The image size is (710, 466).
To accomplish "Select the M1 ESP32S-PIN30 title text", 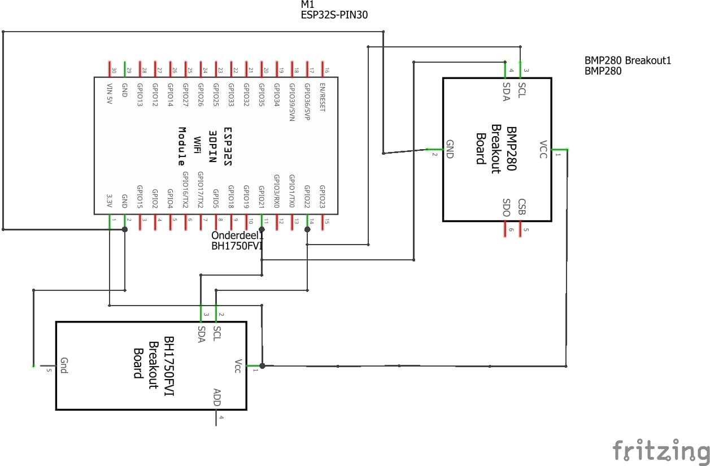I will (334, 10).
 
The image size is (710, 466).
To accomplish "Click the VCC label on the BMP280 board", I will (543, 149).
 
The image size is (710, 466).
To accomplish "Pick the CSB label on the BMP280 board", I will (522, 207).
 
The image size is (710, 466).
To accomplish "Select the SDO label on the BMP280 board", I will (507, 207).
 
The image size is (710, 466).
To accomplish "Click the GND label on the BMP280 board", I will (450, 149).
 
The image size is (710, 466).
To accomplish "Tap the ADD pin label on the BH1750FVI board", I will (217, 397).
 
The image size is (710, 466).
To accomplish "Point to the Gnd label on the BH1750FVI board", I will (64, 368).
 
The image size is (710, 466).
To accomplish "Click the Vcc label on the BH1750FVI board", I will (238, 366).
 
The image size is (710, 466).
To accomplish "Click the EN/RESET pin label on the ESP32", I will (323, 98).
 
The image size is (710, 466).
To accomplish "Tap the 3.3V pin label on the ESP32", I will (110, 201).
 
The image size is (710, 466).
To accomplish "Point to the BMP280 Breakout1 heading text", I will (628, 60).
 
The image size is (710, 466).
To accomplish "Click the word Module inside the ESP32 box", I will (182, 145).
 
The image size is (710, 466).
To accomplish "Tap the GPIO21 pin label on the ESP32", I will (261, 197).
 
